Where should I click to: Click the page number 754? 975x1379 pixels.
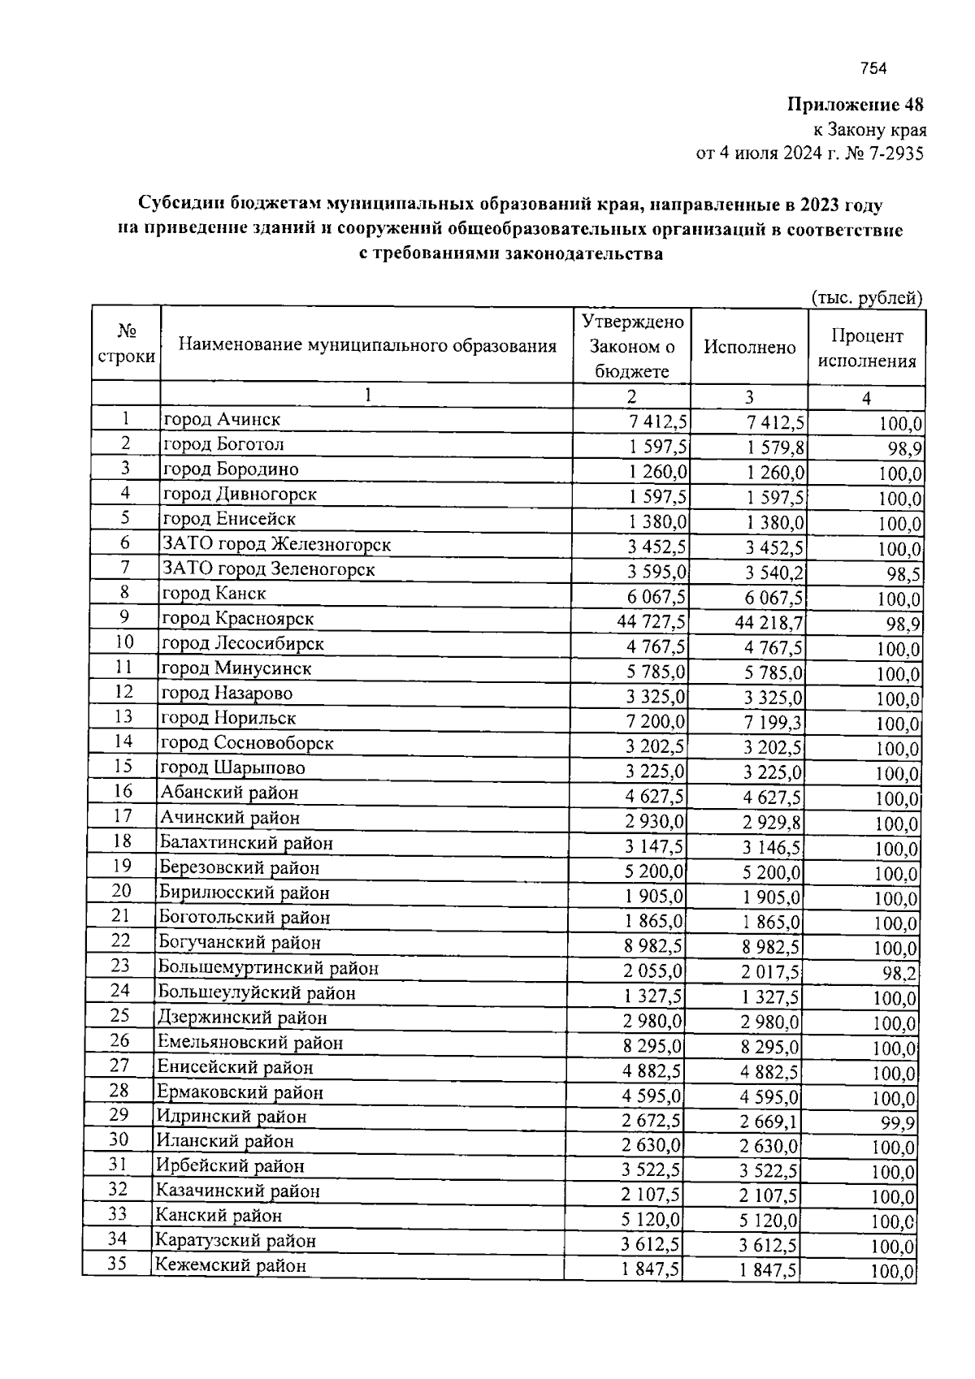tap(873, 69)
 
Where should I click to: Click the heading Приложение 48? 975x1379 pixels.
tap(856, 105)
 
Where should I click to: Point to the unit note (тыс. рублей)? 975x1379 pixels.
tap(867, 298)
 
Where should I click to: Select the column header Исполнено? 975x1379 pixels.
tap(749, 348)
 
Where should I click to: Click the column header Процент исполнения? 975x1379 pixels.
tap(866, 348)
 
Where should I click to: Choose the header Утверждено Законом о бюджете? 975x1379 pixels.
tap(632, 347)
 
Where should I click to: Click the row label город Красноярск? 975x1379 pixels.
tap(238, 619)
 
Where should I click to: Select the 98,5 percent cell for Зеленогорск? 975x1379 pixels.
tap(903, 575)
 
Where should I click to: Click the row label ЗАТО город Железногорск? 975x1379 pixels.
tap(277, 544)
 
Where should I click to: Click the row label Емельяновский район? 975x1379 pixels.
tap(250, 1043)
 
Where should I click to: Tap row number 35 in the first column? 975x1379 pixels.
tap(119, 1264)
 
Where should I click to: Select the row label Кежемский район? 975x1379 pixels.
tap(231, 1266)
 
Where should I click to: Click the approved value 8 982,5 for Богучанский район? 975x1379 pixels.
tap(653, 946)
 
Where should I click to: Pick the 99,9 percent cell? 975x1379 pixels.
tap(897, 1123)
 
